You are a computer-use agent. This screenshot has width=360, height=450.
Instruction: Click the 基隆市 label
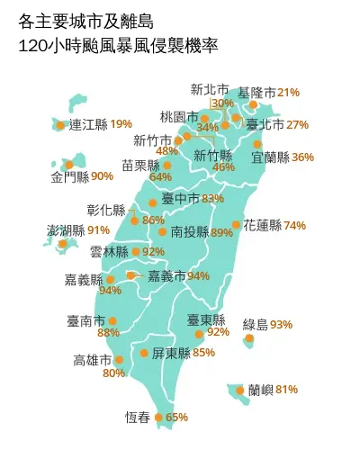(256, 93)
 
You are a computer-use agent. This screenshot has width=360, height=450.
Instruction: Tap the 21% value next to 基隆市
(288, 93)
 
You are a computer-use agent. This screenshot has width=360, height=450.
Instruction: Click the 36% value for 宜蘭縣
(303, 157)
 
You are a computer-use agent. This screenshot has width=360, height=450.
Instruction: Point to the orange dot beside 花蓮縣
(237, 225)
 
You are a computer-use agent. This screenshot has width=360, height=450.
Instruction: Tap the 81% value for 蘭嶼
(286, 390)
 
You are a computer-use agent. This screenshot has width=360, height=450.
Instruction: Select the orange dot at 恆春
(159, 418)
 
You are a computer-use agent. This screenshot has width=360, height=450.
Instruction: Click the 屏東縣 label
(170, 352)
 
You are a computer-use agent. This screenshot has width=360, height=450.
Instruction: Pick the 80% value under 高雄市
(113, 373)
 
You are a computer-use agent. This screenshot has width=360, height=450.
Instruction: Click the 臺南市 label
(85, 320)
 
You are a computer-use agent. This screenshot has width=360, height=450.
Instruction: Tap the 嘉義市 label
(166, 275)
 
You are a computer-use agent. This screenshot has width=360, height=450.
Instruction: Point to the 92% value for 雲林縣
(153, 252)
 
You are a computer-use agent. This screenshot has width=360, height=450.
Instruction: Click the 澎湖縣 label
(65, 230)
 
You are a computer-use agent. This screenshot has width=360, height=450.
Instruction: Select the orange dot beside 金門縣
(55, 164)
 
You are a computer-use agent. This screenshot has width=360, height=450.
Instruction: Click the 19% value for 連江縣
(121, 124)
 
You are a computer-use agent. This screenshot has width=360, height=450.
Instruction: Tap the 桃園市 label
(178, 117)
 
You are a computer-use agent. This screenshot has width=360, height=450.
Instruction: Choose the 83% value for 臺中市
(212, 199)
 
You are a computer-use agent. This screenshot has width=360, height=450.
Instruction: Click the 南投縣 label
(189, 232)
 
